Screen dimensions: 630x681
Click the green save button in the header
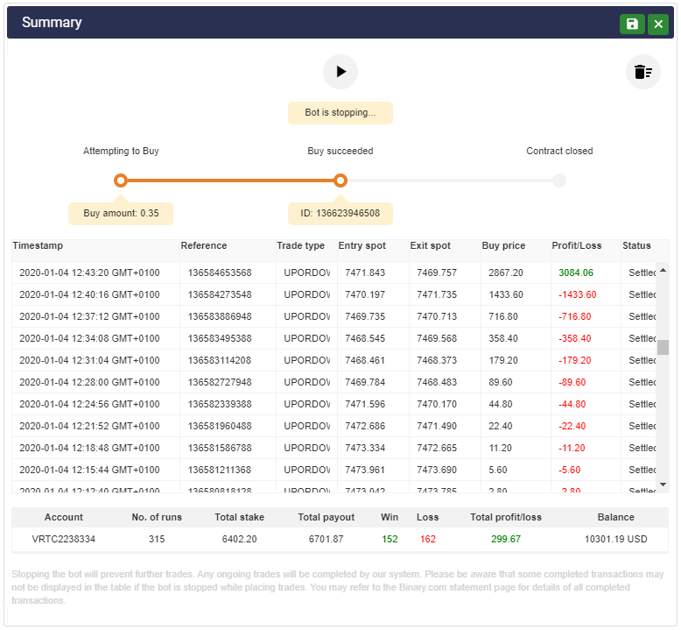pyautogui.click(x=632, y=25)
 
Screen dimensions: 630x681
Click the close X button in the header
pyautogui.click(x=658, y=25)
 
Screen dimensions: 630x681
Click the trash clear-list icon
pyautogui.click(x=643, y=72)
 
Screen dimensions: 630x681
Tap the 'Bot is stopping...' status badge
pyautogui.click(x=340, y=113)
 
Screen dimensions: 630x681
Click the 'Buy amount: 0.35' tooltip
pyautogui.click(x=121, y=213)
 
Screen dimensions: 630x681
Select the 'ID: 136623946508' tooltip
pyautogui.click(x=340, y=213)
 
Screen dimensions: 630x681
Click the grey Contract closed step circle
pyautogui.click(x=559, y=181)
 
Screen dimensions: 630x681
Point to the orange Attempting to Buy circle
pyautogui.click(x=121, y=181)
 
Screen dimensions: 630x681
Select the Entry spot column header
pyautogui.click(x=362, y=246)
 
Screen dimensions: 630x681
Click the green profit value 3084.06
pyautogui.click(x=576, y=273)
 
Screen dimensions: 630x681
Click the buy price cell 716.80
pyautogui.click(x=503, y=316)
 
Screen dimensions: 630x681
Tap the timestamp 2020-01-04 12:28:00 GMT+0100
pyautogui.click(x=89, y=382)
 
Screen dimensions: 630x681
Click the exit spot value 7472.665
pyautogui.click(x=437, y=448)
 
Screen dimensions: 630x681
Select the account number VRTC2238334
pyautogui.click(x=64, y=539)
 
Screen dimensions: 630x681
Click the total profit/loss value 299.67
pyautogui.click(x=505, y=539)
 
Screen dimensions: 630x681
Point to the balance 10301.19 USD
pyautogui.click(x=615, y=539)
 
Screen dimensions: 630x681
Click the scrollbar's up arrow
pyautogui.click(x=663, y=271)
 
